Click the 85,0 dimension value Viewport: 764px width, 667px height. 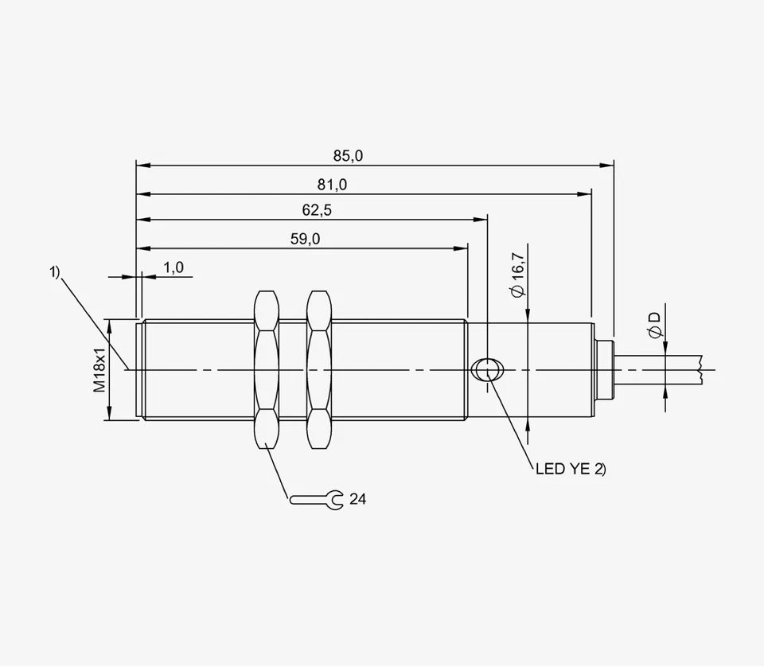347,156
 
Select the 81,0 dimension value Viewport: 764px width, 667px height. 332,184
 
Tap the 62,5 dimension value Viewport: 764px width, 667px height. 316,211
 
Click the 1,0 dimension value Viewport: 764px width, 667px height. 173,267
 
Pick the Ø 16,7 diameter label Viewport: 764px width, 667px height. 517,275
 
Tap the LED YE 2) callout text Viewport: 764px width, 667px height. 571,470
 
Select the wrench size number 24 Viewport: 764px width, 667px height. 358,499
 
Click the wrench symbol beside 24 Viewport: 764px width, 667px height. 316,499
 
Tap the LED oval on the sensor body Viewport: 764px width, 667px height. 486,369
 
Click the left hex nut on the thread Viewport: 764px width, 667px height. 266,369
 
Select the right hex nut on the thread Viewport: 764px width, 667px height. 318,369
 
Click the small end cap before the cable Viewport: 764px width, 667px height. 604,369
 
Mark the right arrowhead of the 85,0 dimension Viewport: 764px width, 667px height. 608,166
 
